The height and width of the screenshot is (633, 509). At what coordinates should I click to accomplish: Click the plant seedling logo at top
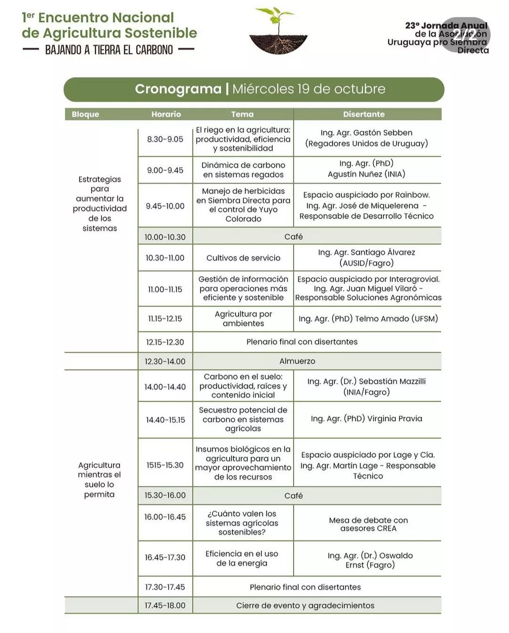[x=278, y=31]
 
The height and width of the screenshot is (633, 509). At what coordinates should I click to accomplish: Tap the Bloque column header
[x=85, y=114]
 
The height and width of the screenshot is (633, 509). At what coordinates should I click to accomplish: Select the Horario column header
[x=166, y=114]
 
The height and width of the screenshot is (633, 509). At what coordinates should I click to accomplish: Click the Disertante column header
[x=363, y=114]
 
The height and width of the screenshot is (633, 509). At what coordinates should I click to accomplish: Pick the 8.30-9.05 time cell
[x=165, y=139]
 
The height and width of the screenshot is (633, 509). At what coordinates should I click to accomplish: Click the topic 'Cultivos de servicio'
[x=243, y=258]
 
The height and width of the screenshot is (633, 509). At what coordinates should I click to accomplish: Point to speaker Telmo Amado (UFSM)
[x=368, y=318]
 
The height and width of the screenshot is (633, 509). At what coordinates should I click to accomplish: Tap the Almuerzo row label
[x=297, y=361]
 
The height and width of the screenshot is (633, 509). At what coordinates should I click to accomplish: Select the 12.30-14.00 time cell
[x=165, y=361]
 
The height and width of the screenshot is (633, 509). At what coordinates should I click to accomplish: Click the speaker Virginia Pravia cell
[x=366, y=418]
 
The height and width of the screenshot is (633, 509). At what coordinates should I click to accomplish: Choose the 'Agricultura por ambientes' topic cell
[x=243, y=318]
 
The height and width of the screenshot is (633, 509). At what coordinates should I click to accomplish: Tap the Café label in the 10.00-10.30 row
[x=293, y=236]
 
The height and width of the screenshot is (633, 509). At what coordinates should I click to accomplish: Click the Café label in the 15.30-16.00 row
[x=293, y=495]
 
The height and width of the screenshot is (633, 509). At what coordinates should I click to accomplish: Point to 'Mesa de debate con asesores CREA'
[x=368, y=524]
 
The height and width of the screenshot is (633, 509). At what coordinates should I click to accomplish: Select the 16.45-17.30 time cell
[x=165, y=557]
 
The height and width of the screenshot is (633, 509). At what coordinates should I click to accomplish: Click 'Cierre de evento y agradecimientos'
[x=305, y=605]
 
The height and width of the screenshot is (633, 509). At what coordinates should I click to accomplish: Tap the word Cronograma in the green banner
[x=178, y=89]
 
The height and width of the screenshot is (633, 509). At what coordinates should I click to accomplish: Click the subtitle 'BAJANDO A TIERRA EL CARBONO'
[x=109, y=49]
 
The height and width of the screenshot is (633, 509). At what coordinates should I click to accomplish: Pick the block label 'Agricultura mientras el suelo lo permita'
[x=99, y=479]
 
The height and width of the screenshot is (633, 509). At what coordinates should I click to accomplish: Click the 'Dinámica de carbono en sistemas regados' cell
[x=243, y=170]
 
